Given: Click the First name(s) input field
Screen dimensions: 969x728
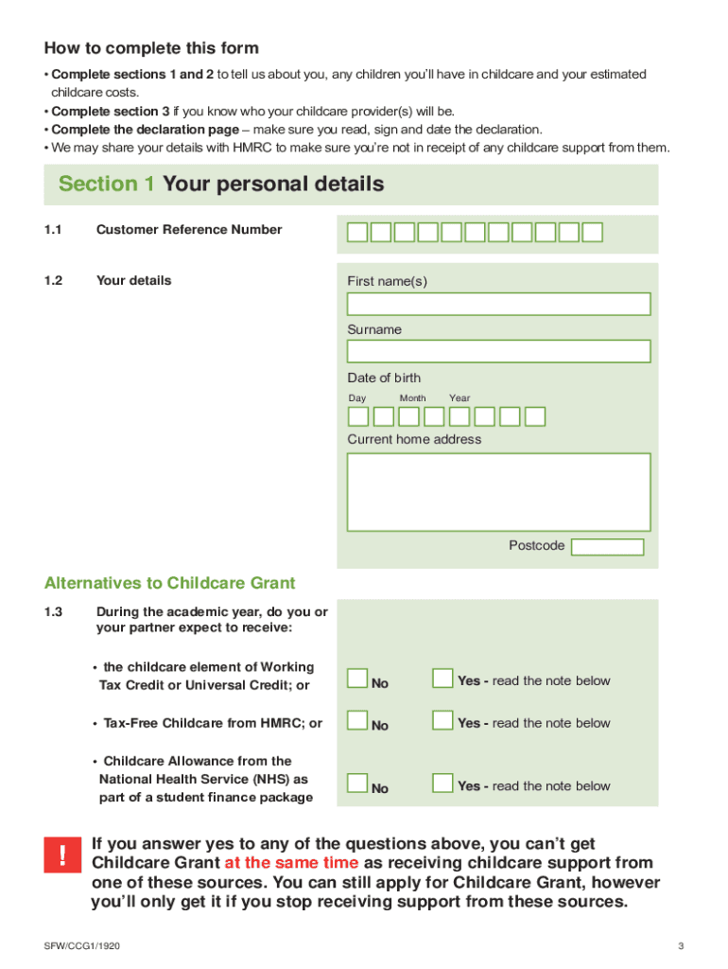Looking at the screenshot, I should (x=498, y=304).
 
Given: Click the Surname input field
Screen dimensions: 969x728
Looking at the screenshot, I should (x=498, y=351).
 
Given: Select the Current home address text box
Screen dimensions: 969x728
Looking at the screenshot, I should (x=498, y=492).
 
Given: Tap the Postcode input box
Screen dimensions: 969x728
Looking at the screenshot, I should (x=607, y=547).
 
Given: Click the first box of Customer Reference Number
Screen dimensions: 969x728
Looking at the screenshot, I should (x=357, y=233).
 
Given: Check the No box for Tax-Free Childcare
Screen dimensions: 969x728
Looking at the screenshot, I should (x=357, y=721).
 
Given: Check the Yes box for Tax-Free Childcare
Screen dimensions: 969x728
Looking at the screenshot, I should (x=442, y=721).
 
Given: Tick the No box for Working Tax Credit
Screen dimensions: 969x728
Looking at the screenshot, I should (x=357, y=678).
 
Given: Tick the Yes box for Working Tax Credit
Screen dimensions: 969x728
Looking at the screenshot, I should (x=442, y=678).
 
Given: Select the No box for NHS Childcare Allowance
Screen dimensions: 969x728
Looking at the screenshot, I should (x=357, y=784).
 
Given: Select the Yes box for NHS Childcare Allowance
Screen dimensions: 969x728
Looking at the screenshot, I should (x=442, y=784).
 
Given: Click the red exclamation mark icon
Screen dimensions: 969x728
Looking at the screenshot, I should (x=62, y=856).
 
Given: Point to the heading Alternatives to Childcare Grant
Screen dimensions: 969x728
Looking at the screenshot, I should (x=170, y=583).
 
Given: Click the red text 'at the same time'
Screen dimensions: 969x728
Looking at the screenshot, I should (x=291, y=863).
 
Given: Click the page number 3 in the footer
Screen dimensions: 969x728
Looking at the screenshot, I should (x=680, y=946).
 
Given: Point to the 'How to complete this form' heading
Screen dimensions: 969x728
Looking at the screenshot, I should (x=151, y=48).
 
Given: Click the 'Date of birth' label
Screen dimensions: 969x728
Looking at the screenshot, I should (x=384, y=378).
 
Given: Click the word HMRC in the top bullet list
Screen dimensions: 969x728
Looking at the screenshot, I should (x=252, y=149).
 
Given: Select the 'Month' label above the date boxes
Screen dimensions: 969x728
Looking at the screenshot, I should (x=412, y=398).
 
